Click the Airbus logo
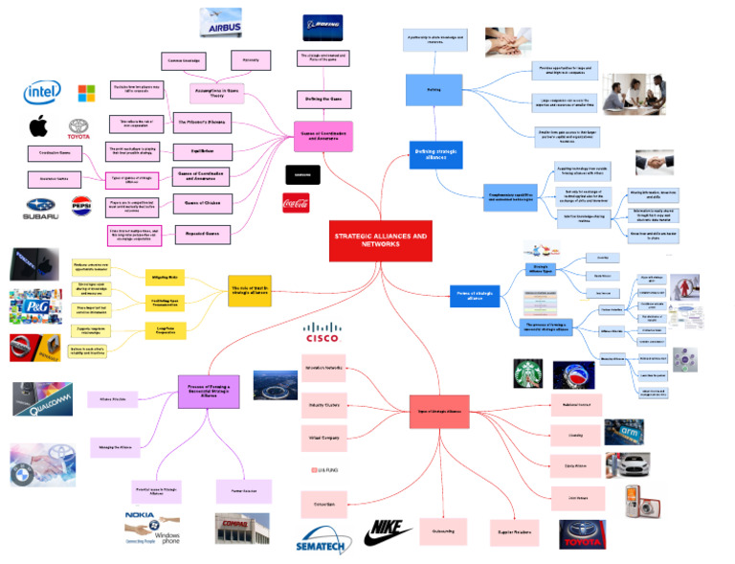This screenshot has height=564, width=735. click(220, 23)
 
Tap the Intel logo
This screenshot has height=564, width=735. click(42, 92)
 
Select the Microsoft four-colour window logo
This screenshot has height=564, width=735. click(87, 93)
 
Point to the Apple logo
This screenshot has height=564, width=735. click(38, 126)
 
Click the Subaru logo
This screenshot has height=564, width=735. click(41, 206)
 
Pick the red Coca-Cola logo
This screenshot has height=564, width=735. click(296, 202)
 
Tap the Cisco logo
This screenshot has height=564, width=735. click(323, 334)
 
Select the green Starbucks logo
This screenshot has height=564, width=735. click(528, 373)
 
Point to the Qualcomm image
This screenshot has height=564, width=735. click(43, 399)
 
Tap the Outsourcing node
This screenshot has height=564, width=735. click(443, 530)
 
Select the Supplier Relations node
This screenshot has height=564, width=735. click(514, 531)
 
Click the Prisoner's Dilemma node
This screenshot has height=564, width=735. click(203, 122)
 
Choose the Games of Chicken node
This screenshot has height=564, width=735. click(203, 202)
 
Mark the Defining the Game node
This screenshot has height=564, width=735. click(322, 99)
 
